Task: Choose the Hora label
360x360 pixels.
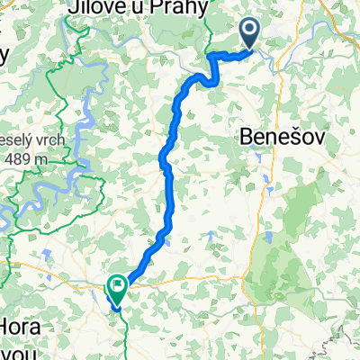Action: pyautogui.click(x=23, y=325)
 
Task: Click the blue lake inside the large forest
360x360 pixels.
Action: pyautogui.click(x=267, y=238)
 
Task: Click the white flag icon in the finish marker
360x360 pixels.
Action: pyautogui.click(x=117, y=285)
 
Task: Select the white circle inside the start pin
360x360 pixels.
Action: pyautogui.click(x=250, y=31)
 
